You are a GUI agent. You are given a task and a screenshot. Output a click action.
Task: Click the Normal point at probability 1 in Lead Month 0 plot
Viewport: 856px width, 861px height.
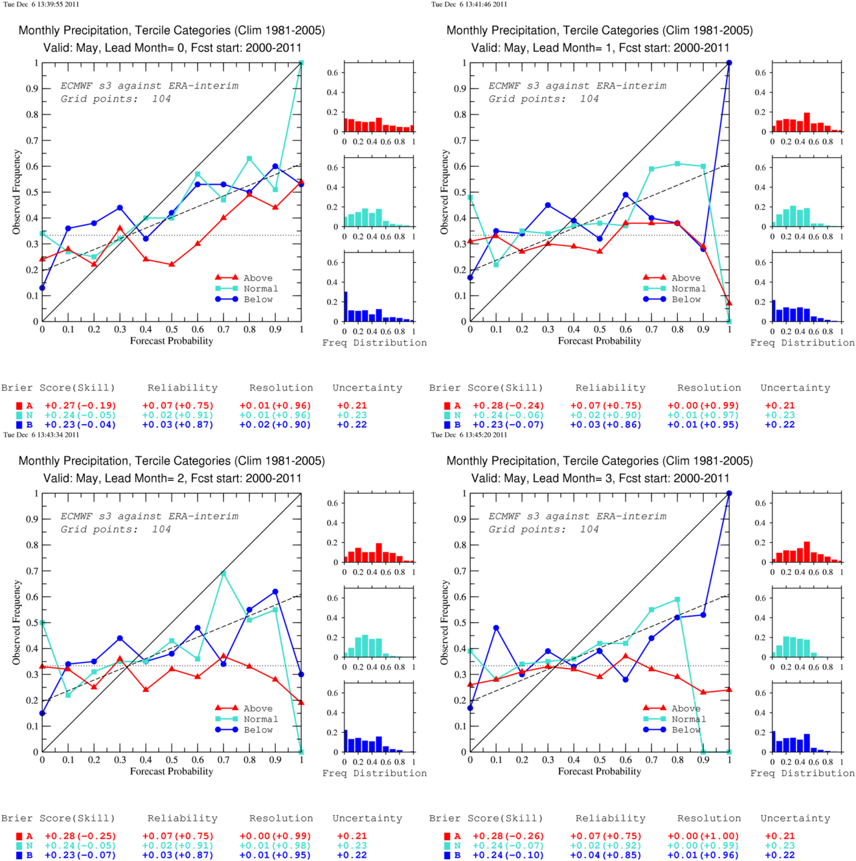click(301, 63)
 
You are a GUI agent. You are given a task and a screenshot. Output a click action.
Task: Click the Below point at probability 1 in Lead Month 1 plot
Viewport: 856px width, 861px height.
click(729, 63)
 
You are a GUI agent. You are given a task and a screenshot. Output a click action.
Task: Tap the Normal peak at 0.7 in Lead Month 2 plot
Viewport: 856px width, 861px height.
click(223, 574)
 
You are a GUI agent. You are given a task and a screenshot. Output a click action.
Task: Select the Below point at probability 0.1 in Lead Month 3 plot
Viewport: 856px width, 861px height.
click(496, 628)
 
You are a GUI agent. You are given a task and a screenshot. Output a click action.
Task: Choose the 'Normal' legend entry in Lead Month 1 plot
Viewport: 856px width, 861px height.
click(675, 289)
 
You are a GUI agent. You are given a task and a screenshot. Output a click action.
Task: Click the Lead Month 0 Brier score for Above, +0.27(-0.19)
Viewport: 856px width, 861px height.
click(80, 406)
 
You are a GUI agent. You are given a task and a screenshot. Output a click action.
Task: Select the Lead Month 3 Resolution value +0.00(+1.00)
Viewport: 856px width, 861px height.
click(703, 836)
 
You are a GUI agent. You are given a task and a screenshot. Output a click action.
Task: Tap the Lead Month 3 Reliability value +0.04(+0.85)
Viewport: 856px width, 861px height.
click(605, 855)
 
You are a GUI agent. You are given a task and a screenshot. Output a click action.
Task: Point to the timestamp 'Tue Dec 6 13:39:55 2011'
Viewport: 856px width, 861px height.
click(41, 4)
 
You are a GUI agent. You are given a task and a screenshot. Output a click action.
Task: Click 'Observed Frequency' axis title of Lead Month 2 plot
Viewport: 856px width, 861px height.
click(17, 622)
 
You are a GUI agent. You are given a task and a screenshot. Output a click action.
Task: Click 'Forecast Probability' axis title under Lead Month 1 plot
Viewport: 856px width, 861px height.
click(600, 341)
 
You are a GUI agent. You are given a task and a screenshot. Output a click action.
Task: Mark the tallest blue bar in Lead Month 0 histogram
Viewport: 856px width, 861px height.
click(346, 306)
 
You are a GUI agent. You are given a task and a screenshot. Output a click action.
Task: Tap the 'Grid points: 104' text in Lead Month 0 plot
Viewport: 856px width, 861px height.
click(116, 99)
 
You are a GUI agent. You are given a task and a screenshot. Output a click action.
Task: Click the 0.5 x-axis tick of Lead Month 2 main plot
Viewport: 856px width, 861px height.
click(172, 760)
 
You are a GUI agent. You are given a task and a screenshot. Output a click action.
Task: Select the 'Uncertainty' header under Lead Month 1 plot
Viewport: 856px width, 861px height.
click(795, 388)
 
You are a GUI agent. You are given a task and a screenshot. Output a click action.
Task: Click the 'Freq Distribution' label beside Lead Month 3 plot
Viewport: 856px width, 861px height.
click(802, 774)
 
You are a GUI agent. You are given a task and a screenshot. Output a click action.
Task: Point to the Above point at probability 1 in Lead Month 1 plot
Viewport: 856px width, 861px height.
click(729, 303)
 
